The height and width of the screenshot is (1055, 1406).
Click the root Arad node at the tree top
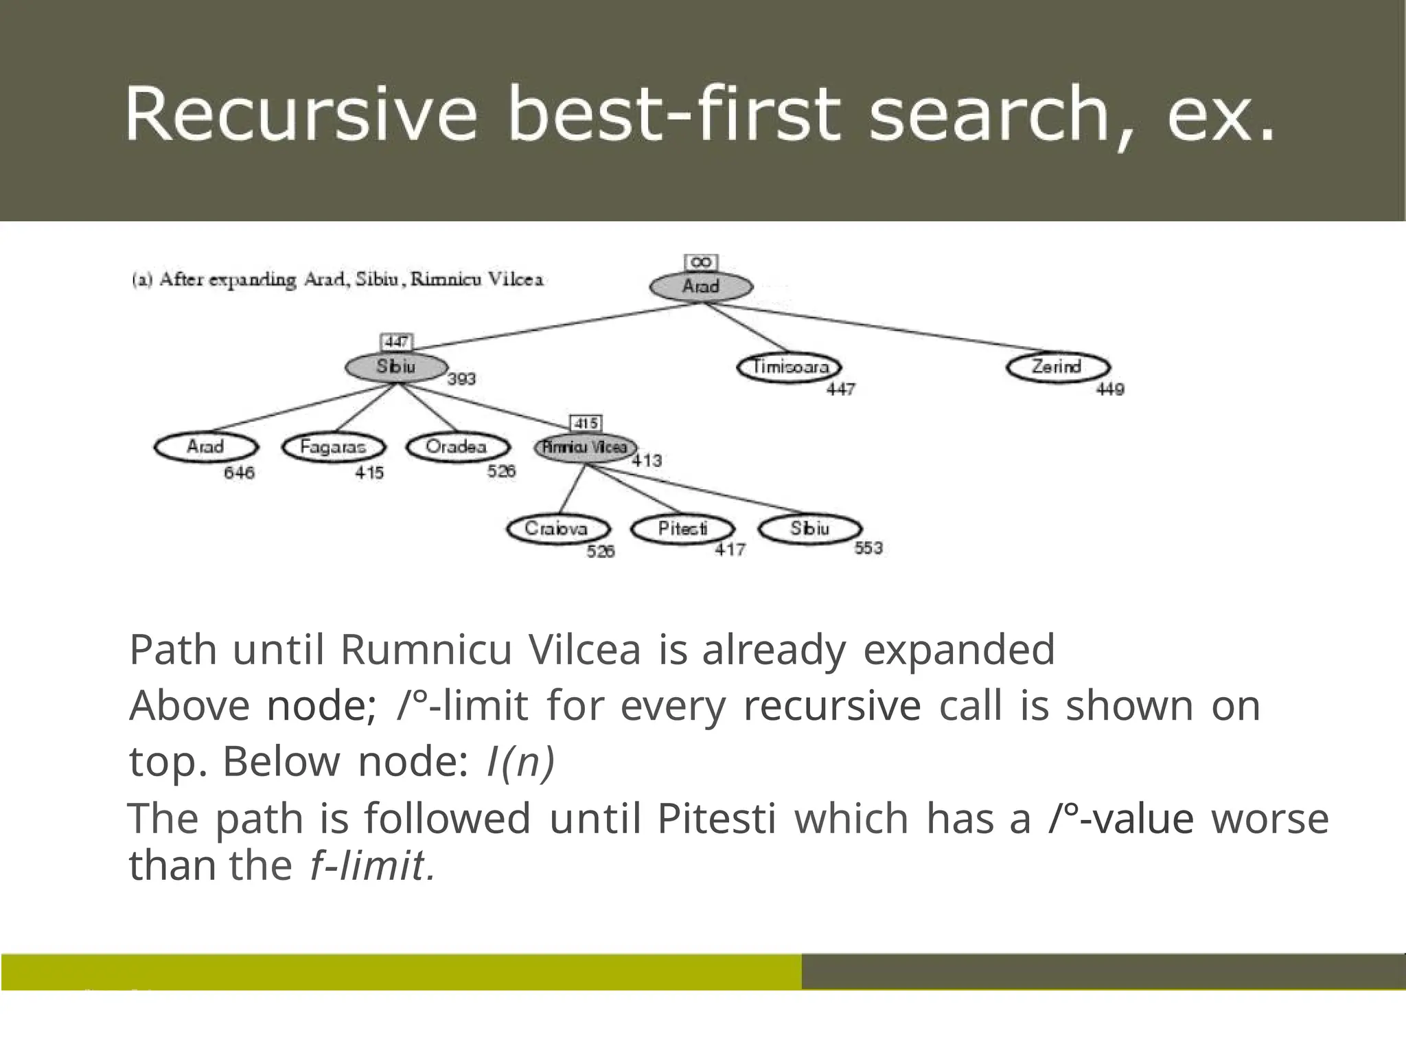tap(701, 286)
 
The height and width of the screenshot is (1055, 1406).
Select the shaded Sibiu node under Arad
tap(396, 367)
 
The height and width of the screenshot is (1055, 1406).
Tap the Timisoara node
tap(789, 367)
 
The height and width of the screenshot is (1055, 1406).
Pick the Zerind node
tap(1057, 367)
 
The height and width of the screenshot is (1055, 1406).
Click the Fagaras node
tap(333, 447)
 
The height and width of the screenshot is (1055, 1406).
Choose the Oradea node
tap(457, 447)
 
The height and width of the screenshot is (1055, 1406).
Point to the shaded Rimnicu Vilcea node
tap(585, 447)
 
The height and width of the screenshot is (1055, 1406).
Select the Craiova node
tap(557, 528)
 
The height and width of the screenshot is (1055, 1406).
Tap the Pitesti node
tap(682, 528)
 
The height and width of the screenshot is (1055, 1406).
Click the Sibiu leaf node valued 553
tap(810, 528)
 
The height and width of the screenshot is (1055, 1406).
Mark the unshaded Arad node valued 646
tap(206, 447)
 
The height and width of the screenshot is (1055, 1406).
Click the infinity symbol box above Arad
tap(701, 262)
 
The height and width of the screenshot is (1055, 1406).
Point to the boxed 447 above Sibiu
tap(397, 341)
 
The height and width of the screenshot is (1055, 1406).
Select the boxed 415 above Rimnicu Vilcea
tap(586, 423)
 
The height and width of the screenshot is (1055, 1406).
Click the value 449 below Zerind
tap(1110, 389)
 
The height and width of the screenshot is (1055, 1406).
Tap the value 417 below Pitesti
tap(730, 549)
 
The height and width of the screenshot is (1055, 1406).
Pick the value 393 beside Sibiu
tap(461, 379)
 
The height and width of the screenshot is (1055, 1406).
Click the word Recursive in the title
tap(301, 113)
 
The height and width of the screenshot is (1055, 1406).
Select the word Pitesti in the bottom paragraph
tap(716, 818)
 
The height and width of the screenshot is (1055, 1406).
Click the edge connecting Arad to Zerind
tap(879, 330)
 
